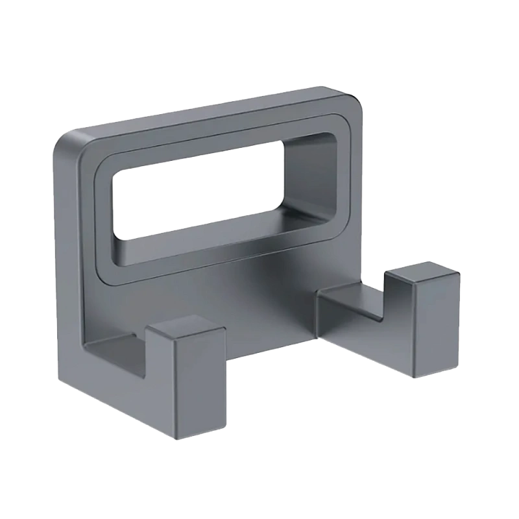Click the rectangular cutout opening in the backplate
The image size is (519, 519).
click(195, 195)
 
